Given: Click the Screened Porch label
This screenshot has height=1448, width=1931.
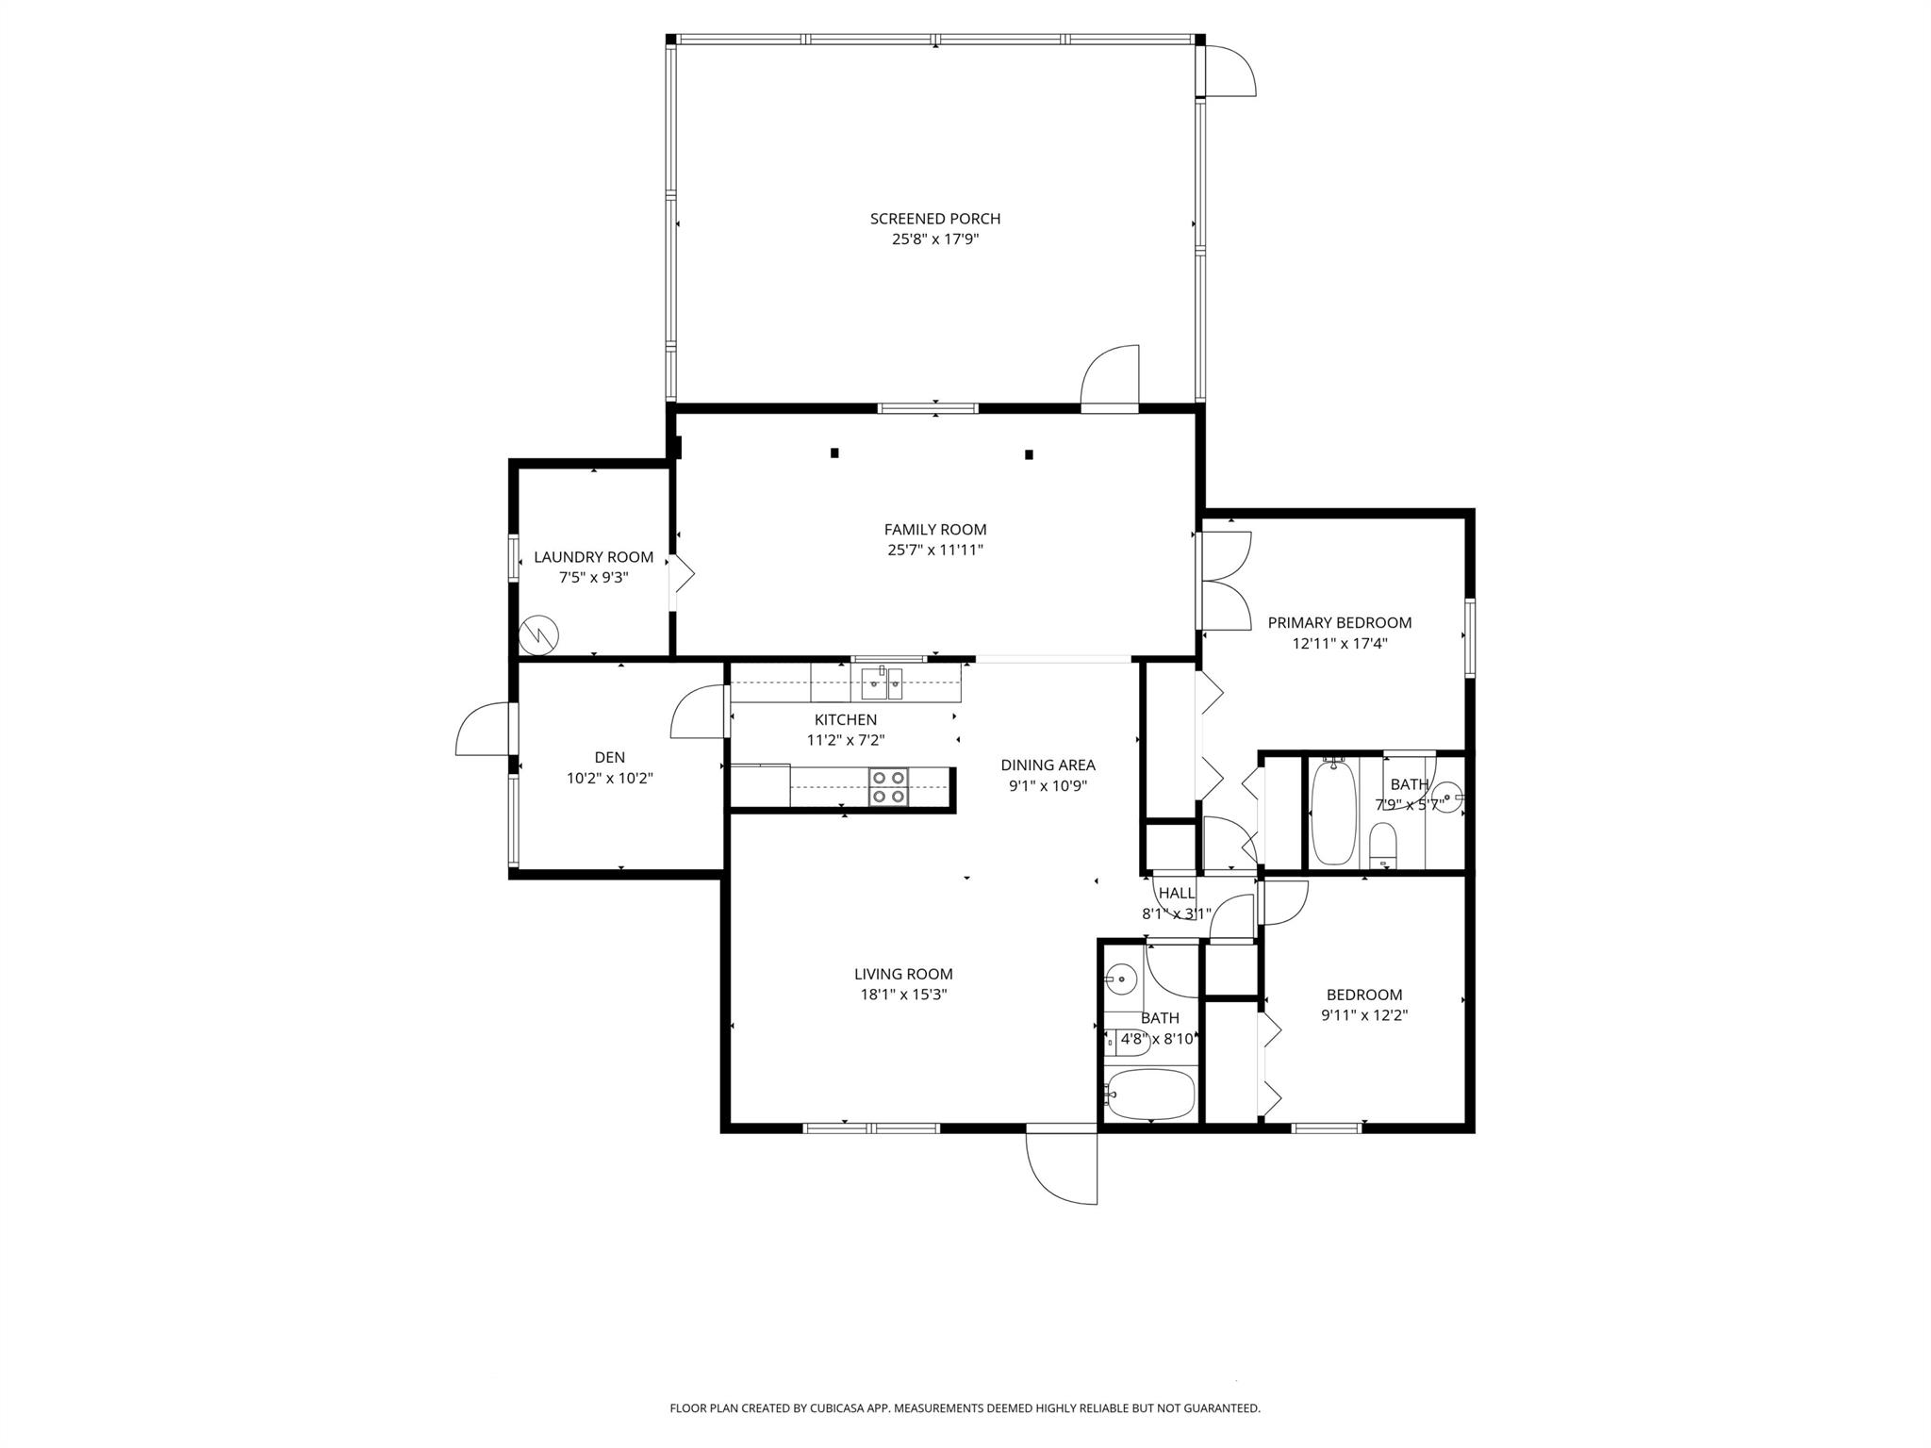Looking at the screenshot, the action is tap(935, 219).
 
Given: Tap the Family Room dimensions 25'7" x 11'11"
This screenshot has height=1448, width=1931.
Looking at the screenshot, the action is tap(935, 550).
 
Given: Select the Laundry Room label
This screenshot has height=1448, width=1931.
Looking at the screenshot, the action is tap(593, 557).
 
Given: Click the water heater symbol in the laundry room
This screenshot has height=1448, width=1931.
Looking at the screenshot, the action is tap(539, 635).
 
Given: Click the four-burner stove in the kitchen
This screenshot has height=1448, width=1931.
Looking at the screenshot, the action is tap(888, 787).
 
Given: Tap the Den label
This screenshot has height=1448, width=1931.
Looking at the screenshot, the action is tap(610, 757).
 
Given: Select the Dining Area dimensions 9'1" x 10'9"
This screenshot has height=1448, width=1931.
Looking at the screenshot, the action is tap(1048, 785).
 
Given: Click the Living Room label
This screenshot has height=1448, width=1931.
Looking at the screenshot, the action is tap(903, 974).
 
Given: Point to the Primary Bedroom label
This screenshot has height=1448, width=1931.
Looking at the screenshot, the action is tap(1340, 622).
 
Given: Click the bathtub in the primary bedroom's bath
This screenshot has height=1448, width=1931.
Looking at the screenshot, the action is tap(1333, 812).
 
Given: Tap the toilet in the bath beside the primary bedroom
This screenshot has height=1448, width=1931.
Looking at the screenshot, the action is tap(1382, 845).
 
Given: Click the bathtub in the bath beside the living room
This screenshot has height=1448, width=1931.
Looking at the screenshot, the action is tap(1150, 1094).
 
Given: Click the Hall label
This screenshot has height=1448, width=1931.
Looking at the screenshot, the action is tap(1177, 893).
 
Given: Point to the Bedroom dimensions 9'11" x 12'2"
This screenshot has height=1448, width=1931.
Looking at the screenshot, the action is tap(1364, 1015).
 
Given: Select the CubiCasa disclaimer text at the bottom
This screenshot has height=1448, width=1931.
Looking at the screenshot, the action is tap(965, 1408).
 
